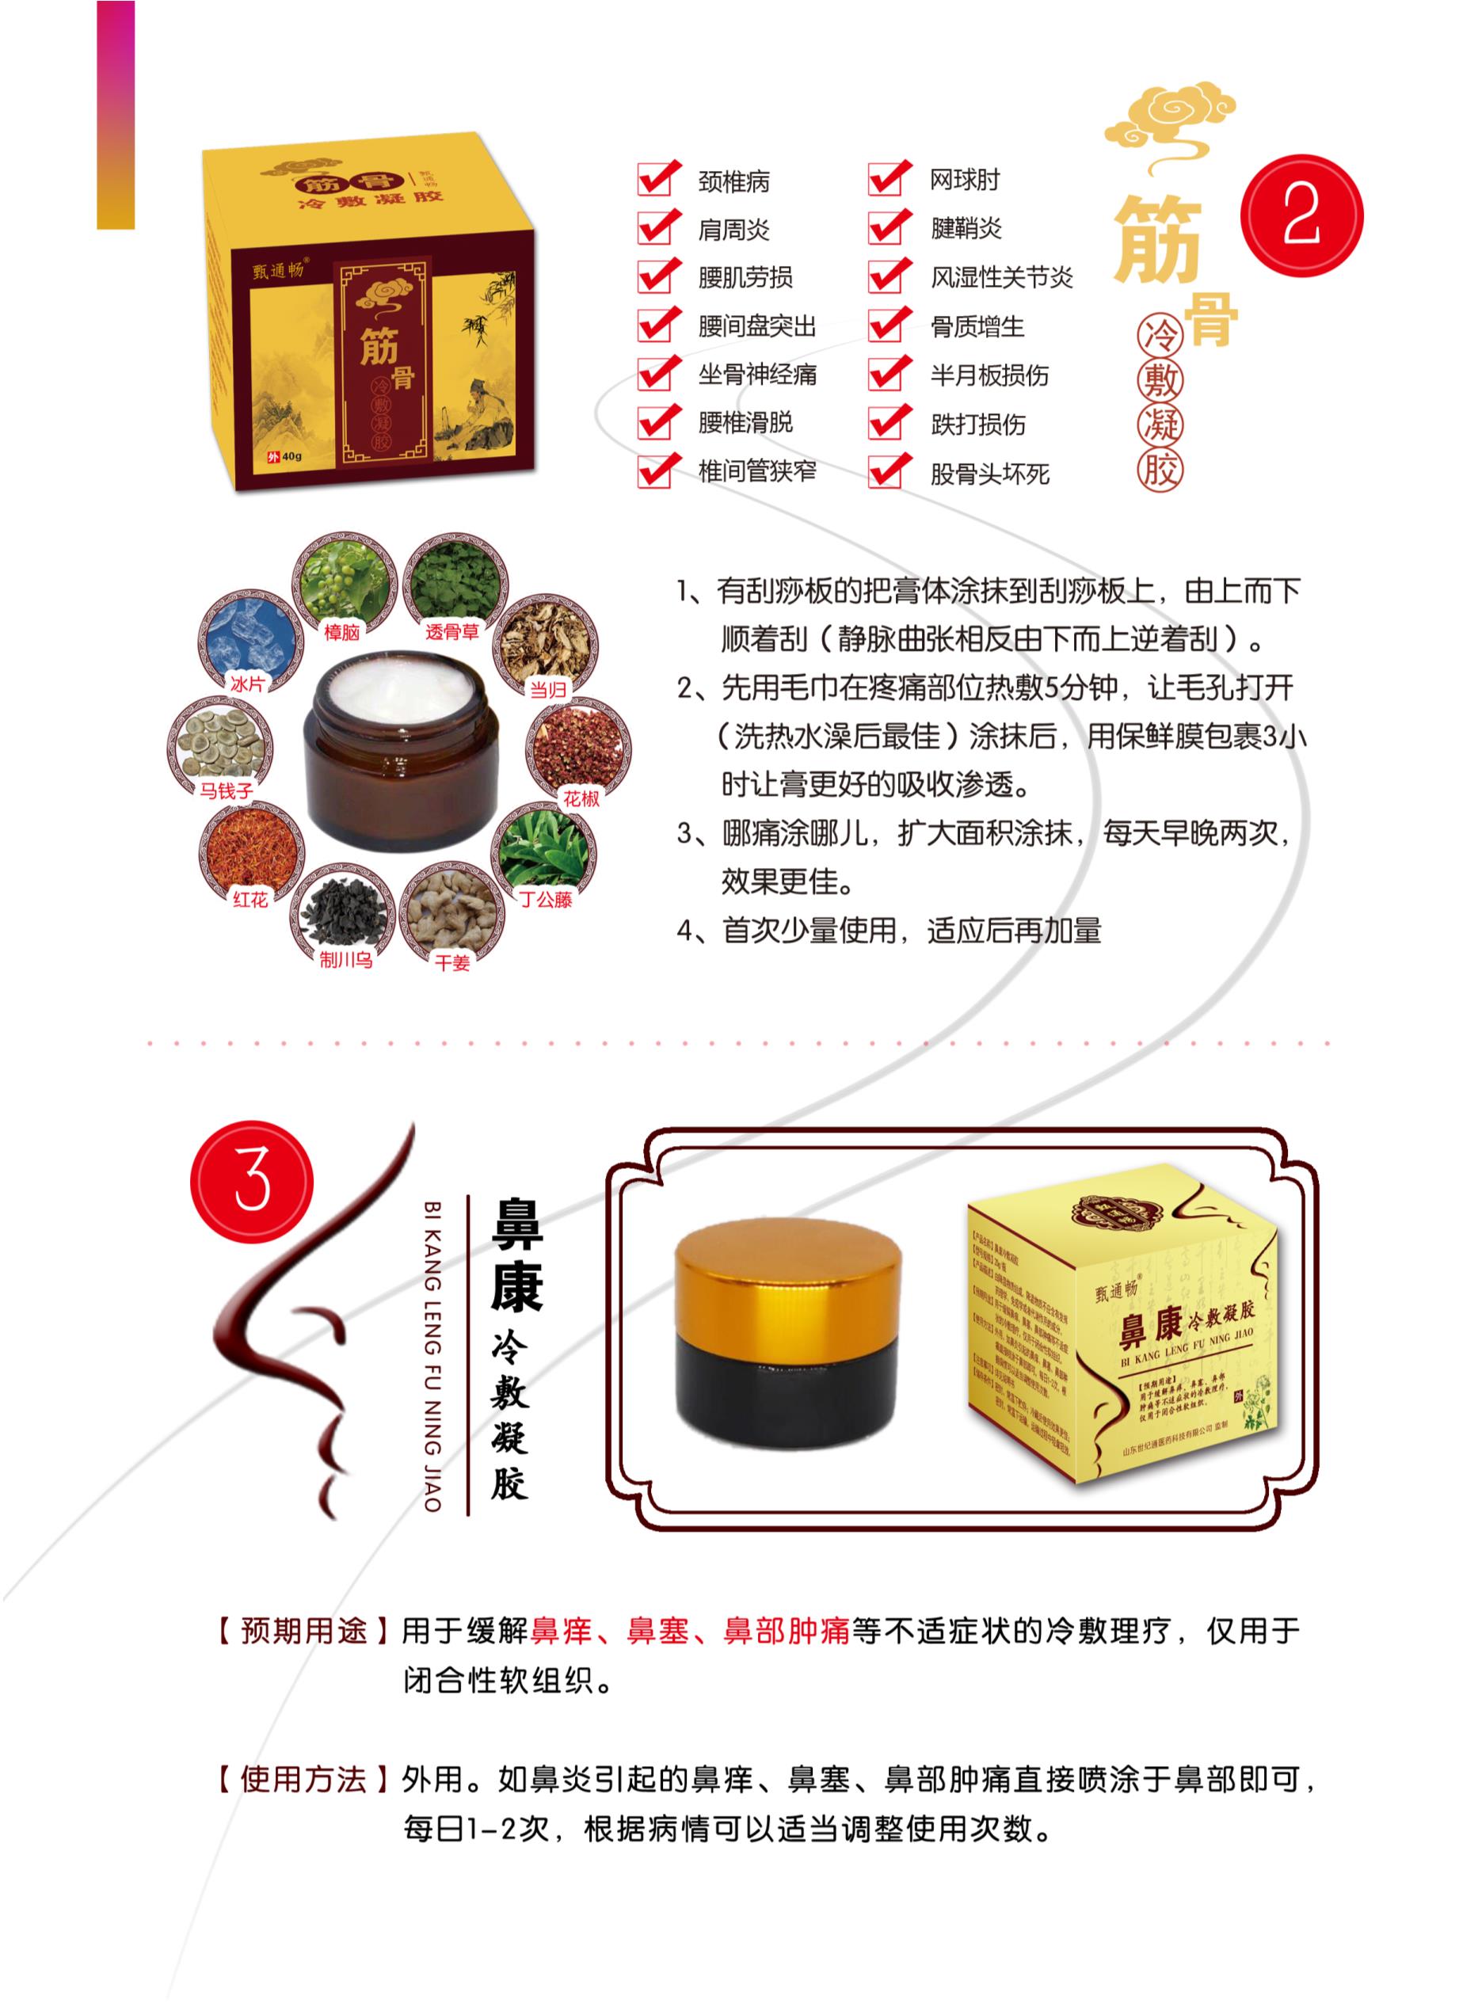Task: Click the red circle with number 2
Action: pyautogui.click(x=1301, y=216)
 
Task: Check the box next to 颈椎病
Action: pyautogui.click(x=655, y=179)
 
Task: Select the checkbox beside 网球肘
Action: pyautogui.click(x=886, y=178)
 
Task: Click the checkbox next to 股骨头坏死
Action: pyautogui.click(x=886, y=471)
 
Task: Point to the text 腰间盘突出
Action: pyautogui.click(x=757, y=326)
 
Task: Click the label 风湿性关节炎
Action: pyautogui.click(x=1001, y=277)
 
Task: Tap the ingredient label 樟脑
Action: pyautogui.click(x=341, y=631)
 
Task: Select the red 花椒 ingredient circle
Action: pyautogui.click(x=579, y=747)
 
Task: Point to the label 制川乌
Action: pyautogui.click(x=345, y=962)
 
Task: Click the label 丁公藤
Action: pyautogui.click(x=546, y=899)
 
